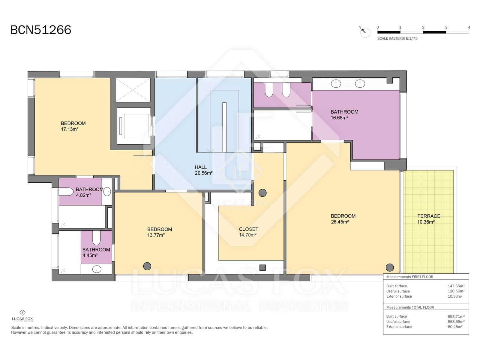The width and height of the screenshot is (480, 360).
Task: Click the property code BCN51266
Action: point(41,30)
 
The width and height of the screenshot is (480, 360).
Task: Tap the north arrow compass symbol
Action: point(365,32)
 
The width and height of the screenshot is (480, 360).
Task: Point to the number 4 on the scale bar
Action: point(469,27)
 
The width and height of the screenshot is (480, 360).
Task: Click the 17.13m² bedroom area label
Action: point(73,126)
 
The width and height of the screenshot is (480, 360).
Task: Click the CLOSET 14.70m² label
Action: point(248,232)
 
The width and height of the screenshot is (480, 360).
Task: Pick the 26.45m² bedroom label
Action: point(343,219)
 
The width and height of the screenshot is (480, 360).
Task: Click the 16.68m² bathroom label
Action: point(344,115)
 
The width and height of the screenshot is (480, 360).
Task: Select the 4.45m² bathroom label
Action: point(96,252)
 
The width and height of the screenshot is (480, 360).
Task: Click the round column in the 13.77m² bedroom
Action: point(147,266)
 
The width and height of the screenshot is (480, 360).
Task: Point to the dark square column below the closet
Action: point(262,268)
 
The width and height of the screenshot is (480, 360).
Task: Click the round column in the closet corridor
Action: point(262,193)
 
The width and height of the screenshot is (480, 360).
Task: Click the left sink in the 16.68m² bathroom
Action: point(336,84)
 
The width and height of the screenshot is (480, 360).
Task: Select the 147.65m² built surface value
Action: point(456,286)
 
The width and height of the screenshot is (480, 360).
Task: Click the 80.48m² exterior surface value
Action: point(455,327)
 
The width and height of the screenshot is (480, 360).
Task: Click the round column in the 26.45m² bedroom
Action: point(389,267)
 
